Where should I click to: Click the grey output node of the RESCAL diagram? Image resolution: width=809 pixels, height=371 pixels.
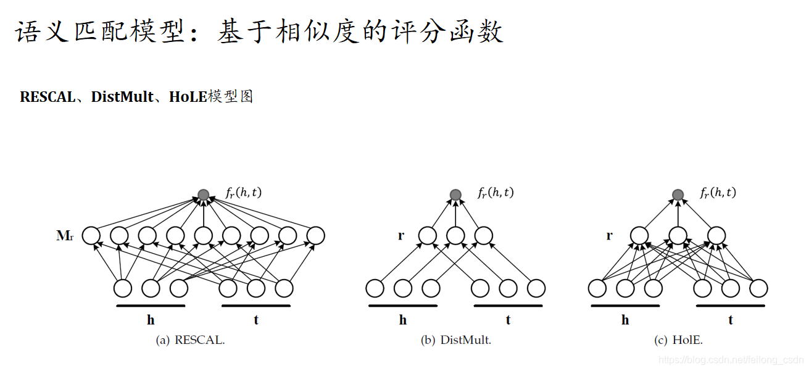coord(204,194)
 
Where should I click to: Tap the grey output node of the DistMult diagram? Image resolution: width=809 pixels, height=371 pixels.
coord(455,194)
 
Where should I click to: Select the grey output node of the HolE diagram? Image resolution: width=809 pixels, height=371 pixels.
coord(678,194)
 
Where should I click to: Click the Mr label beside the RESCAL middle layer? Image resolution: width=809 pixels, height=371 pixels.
coord(65,235)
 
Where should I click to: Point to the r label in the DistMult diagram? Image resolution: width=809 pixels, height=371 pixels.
coord(401,235)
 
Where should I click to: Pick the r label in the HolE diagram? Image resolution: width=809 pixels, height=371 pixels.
coord(610,235)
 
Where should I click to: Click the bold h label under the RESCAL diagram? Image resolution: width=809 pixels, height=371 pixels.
coord(151,320)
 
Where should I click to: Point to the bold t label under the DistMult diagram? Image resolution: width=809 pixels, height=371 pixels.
coord(508,320)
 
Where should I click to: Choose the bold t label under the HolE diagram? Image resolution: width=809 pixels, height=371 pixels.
coord(731,320)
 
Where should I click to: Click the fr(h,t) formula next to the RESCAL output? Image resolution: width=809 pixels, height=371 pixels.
coord(244,193)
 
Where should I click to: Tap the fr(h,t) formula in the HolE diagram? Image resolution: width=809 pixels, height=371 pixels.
coord(718,193)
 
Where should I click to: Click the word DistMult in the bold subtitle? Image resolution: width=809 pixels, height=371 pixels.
coord(122,97)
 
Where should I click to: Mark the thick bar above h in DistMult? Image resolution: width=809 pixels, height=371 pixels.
coord(403,305)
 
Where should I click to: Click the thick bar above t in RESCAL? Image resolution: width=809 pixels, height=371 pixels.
coord(255,305)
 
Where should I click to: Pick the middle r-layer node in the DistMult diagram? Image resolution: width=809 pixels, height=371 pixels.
coord(455,235)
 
